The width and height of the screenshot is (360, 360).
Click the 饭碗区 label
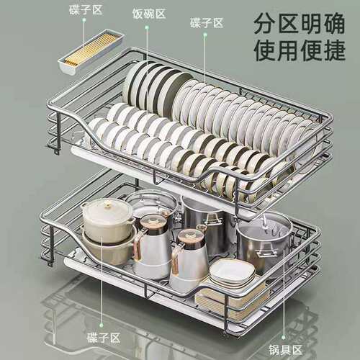[149, 14]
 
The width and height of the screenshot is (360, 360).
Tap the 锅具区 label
[285, 350]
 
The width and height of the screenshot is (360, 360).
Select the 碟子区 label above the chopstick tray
[86, 10]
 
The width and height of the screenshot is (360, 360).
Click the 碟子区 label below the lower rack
[104, 338]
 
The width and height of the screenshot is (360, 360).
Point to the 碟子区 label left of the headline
[207, 23]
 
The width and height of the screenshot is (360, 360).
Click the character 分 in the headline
[265, 24]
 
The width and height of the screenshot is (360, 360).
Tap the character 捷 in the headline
[334, 50]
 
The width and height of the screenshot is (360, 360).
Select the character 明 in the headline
[311, 24]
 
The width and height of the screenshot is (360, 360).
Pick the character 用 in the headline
[288, 50]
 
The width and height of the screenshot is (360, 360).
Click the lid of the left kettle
[152, 221]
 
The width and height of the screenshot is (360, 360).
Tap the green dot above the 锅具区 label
[284, 338]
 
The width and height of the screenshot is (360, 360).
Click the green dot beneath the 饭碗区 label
[147, 28]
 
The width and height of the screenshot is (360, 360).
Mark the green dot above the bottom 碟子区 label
[102, 325]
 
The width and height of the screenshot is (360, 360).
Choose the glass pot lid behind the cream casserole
[153, 201]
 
